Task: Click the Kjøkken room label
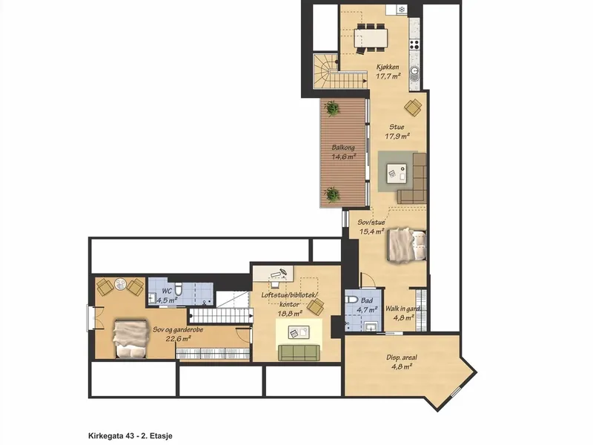point(387,67)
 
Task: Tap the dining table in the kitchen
point(371,38)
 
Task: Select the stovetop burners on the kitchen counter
point(414,44)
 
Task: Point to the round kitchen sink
point(415,70)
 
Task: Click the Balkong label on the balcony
point(343,147)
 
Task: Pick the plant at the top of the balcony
point(332,108)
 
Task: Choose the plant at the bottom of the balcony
point(332,194)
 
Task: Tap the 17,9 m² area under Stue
point(397,136)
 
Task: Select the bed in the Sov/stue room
point(407,245)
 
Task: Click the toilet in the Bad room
point(351,300)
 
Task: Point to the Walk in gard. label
point(402,309)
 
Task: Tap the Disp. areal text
point(402,357)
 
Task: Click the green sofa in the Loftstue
point(298,353)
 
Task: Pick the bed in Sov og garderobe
point(130,339)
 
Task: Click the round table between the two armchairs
point(120,285)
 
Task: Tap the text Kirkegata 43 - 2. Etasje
point(130,436)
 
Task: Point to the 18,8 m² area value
point(290,313)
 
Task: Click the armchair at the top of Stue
point(413,107)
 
